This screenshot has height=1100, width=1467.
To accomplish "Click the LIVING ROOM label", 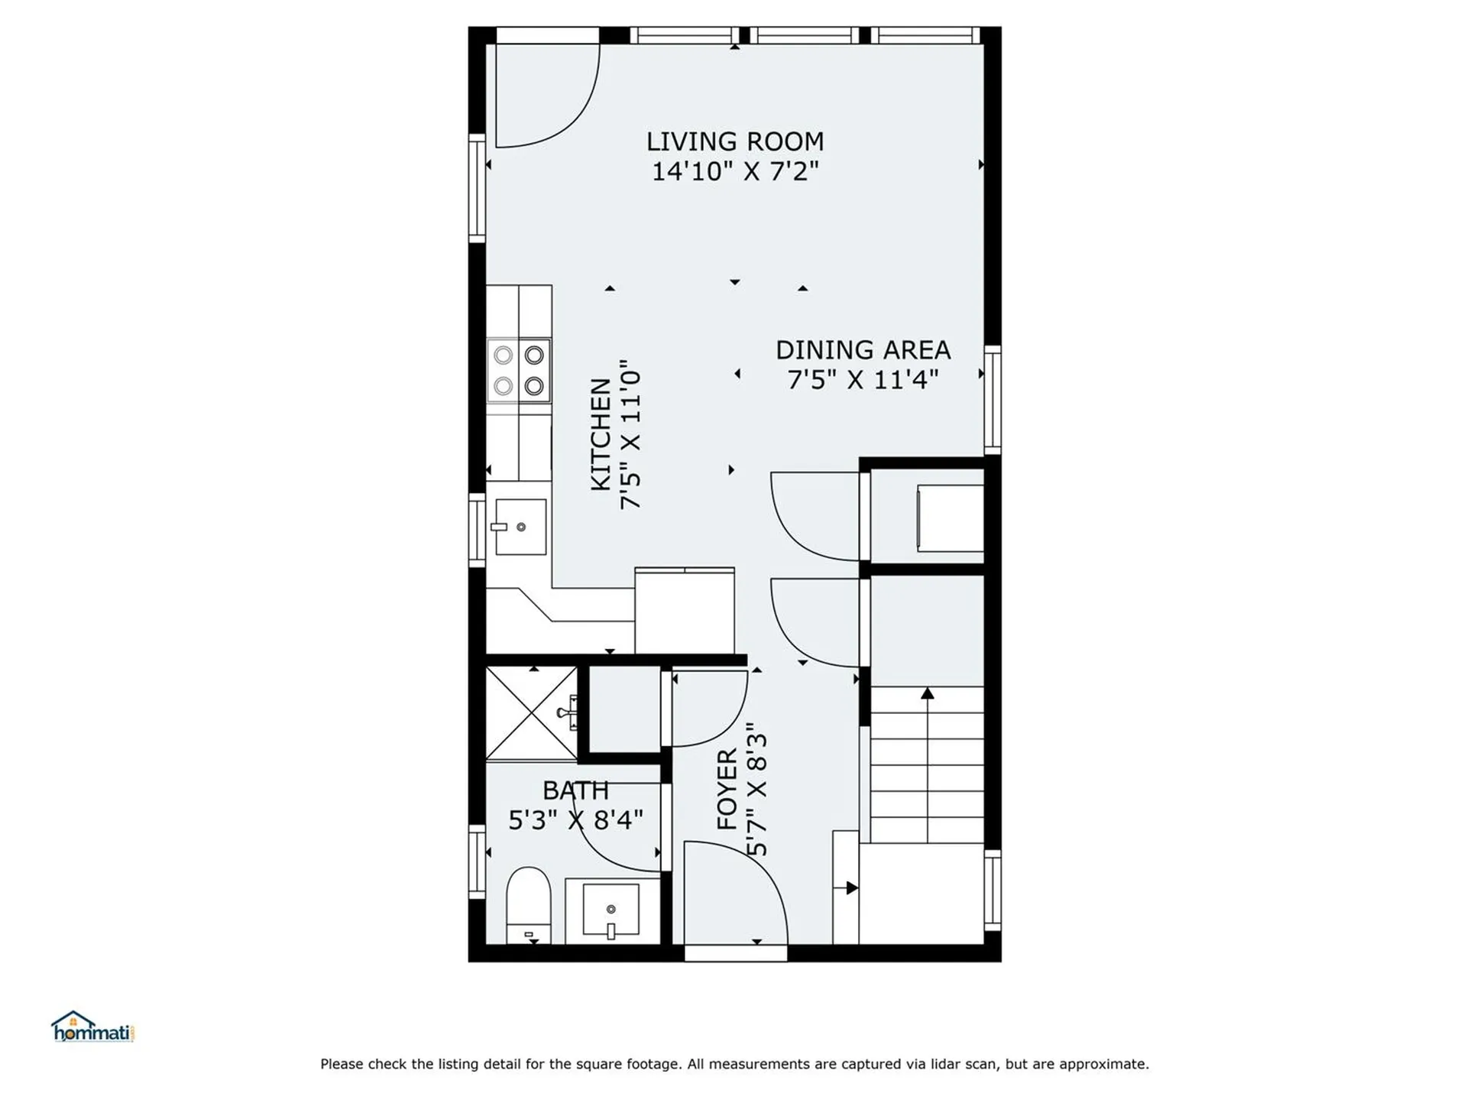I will click(734, 141).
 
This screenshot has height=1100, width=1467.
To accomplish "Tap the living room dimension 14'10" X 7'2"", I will click(734, 171).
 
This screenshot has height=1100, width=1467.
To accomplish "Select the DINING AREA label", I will click(863, 350).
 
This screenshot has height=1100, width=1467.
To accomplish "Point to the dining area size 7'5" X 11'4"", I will click(863, 379).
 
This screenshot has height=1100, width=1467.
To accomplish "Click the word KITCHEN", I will click(601, 434).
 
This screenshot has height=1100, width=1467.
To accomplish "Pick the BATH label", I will click(575, 790).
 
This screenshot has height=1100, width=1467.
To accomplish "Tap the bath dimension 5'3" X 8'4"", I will click(575, 820).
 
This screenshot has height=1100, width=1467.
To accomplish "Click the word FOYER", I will click(727, 789).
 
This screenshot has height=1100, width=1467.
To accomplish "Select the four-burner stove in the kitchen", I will click(519, 370).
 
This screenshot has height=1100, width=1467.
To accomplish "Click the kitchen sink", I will click(520, 527).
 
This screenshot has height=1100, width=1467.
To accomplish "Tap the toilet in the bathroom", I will click(528, 904).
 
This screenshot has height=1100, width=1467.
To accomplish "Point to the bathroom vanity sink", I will click(610, 910).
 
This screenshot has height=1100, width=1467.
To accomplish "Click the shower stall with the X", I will click(531, 713).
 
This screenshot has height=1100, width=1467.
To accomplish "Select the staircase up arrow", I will click(927, 694).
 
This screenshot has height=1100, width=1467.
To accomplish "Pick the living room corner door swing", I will click(544, 96).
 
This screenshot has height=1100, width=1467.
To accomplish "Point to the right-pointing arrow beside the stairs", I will click(851, 887).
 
